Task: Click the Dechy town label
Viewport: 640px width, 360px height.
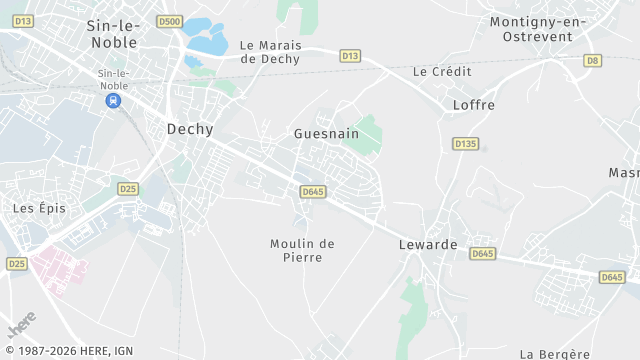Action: (x=189, y=129)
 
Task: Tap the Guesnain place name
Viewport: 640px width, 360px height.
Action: (x=326, y=133)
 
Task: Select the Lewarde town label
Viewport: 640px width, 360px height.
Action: (x=428, y=244)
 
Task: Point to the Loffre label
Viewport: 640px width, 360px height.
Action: (x=474, y=104)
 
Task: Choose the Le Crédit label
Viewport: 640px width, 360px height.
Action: (x=441, y=72)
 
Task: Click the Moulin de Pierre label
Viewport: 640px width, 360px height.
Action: (x=302, y=250)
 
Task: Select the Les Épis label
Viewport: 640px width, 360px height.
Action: (x=37, y=208)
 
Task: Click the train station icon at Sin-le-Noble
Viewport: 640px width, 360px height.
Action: (x=114, y=100)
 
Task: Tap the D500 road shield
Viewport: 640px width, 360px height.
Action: (x=171, y=21)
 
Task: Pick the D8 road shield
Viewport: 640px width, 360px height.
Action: (x=593, y=61)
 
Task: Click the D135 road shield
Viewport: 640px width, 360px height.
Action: (x=465, y=144)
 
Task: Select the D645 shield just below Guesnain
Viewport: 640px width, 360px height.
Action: (x=312, y=191)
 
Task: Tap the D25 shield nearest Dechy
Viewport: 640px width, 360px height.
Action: (x=127, y=188)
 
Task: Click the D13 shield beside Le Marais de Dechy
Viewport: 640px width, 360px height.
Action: (x=350, y=56)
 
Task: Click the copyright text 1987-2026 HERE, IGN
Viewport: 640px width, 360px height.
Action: (x=67, y=351)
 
